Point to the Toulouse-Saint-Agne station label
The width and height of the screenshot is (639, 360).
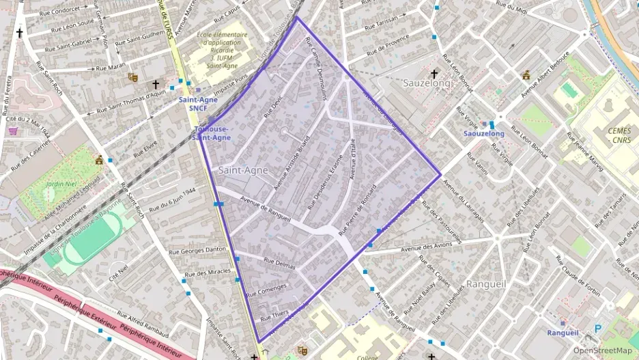click(212, 133)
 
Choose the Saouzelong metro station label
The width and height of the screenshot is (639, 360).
click(483, 134)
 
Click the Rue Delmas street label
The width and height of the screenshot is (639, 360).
click(279, 264)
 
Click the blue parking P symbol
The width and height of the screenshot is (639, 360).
click(598, 329)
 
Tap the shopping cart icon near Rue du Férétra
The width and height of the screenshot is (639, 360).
click(14, 131)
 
